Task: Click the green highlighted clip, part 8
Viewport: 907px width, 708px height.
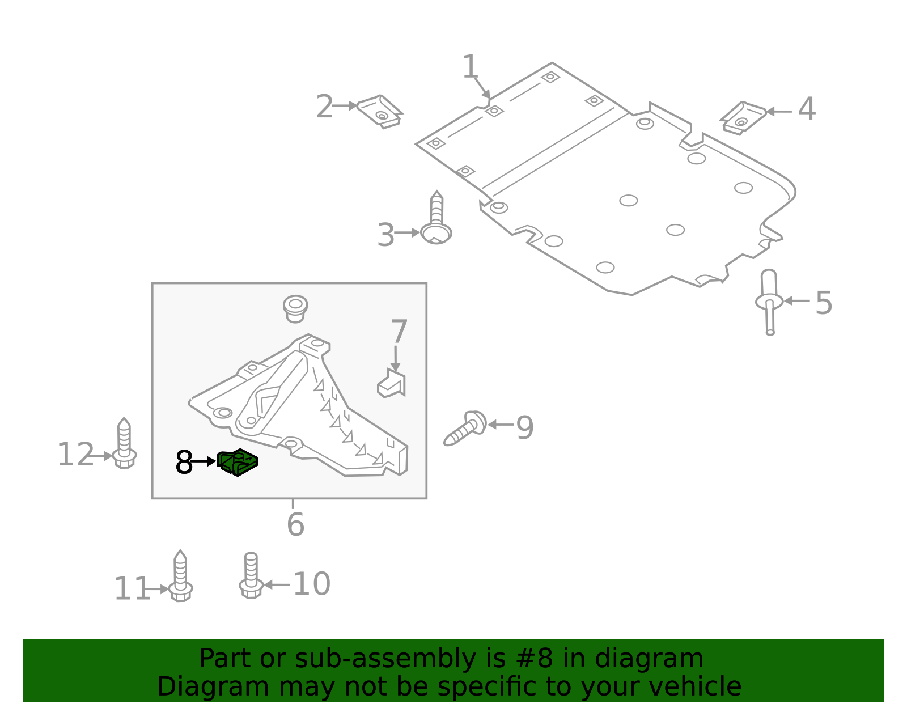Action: tap(238, 462)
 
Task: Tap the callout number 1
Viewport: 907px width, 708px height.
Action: tap(470, 67)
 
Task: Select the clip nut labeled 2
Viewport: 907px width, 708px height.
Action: tap(380, 111)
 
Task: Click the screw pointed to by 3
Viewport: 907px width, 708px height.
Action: tap(436, 223)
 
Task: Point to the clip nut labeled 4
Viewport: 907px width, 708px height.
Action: tap(743, 117)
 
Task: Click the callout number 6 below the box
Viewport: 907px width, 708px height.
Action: tap(295, 524)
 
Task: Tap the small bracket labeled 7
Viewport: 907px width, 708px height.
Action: tap(392, 385)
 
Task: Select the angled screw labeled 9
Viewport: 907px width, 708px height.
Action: tap(466, 429)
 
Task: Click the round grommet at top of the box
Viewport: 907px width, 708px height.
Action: tap(295, 308)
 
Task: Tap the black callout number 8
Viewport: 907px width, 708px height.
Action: tap(184, 463)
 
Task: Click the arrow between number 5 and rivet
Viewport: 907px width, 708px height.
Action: tap(796, 301)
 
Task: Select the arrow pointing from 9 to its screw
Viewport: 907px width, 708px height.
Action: tap(500, 424)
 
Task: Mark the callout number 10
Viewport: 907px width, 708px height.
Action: tap(311, 584)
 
